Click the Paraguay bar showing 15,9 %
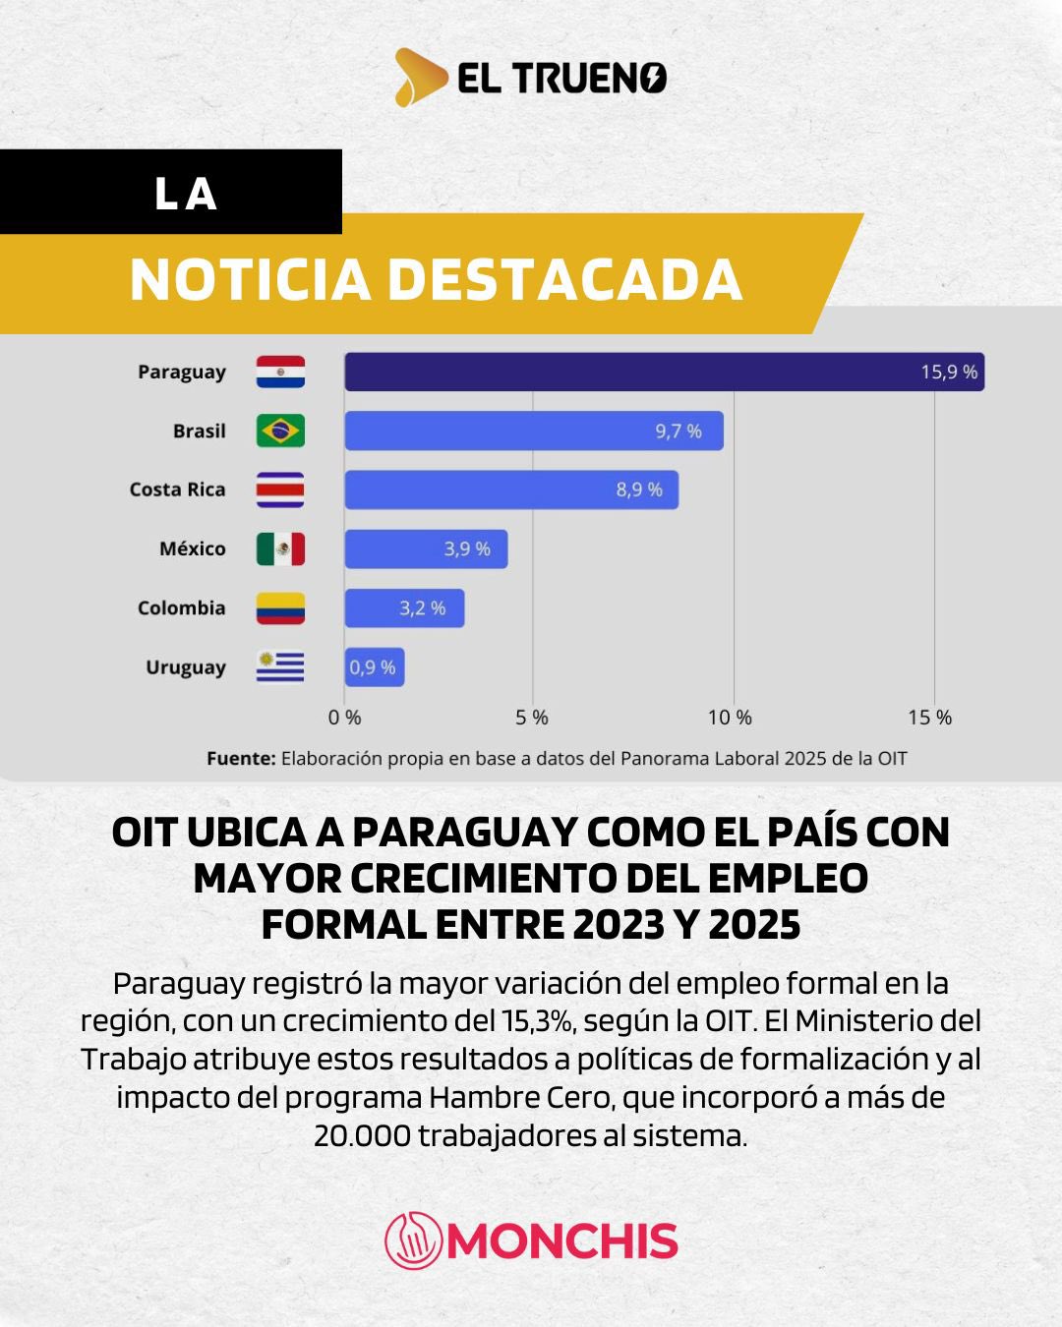click(x=664, y=372)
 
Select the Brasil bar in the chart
click(x=534, y=431)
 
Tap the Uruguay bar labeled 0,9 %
click(x=374, y=667)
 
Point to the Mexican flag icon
click(x=280, y=548)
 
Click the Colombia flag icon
click(x=280, y=608)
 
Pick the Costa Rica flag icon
click(x=280, y=490)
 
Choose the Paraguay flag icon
click(x=280, y=372)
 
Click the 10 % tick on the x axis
click(x=730, y=718)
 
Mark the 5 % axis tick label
click(x=532, y=718)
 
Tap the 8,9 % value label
click(x=639, y=490)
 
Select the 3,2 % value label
click(x=422, y=608)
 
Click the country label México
click(x=193, y=548)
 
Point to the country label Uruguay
click(x=186, y=667)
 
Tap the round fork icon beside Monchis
click(x=413, y=1240)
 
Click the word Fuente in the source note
click(x=241, y=759)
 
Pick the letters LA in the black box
click(x=185, y=194)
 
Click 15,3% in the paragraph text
click(x=538, y=1021)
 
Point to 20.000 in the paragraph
click(x=362, y=1136)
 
